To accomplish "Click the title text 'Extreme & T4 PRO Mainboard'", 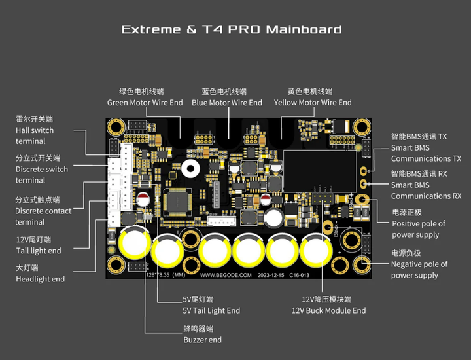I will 232,29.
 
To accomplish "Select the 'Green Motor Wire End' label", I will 145,103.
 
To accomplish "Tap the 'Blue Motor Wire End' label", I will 227,103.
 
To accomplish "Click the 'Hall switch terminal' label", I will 35,135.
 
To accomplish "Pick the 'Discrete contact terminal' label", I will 43,217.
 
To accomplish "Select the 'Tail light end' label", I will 39,251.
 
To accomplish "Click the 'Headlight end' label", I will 40,279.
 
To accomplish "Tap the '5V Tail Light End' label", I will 211,310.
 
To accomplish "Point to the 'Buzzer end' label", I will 202,340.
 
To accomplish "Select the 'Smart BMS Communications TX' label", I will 426,153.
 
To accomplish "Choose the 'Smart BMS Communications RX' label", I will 426,190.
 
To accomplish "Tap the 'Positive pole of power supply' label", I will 419,229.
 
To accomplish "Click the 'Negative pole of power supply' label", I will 419,270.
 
